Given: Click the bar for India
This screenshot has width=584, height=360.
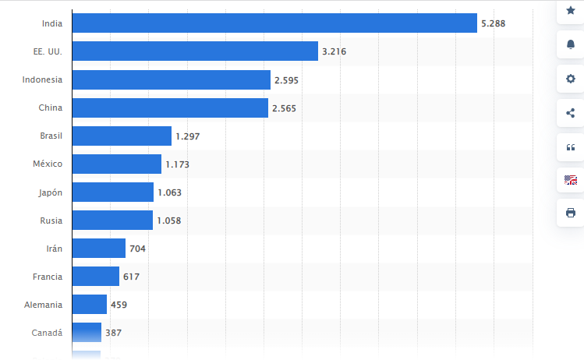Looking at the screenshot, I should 274,23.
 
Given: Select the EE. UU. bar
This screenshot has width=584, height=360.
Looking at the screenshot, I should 194,51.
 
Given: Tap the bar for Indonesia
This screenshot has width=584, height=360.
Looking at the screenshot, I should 171,79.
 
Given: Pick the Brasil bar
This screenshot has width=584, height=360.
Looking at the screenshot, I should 122,136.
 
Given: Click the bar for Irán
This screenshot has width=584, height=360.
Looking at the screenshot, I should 98,249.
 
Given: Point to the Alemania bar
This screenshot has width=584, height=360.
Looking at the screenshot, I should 89,305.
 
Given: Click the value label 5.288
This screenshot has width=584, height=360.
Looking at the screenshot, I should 494,23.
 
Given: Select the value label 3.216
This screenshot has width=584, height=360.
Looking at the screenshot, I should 334,51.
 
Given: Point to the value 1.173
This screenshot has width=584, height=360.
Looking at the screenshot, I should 177,164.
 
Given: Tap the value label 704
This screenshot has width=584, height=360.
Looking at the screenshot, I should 137,249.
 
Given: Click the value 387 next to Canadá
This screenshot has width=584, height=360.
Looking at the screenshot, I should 113,333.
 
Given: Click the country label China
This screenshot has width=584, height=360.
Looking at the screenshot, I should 51,108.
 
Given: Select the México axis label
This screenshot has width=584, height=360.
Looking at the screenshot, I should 47,164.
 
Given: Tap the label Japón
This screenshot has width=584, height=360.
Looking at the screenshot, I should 50,192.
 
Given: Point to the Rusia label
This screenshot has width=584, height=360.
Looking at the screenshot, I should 51,221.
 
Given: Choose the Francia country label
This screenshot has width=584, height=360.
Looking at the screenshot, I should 47,277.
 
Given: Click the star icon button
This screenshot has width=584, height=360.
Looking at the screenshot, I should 570,10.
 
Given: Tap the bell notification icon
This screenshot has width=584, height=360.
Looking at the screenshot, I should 570,44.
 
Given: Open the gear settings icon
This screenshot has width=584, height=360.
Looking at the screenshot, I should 570,79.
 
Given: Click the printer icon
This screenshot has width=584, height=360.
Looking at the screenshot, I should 570,213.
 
